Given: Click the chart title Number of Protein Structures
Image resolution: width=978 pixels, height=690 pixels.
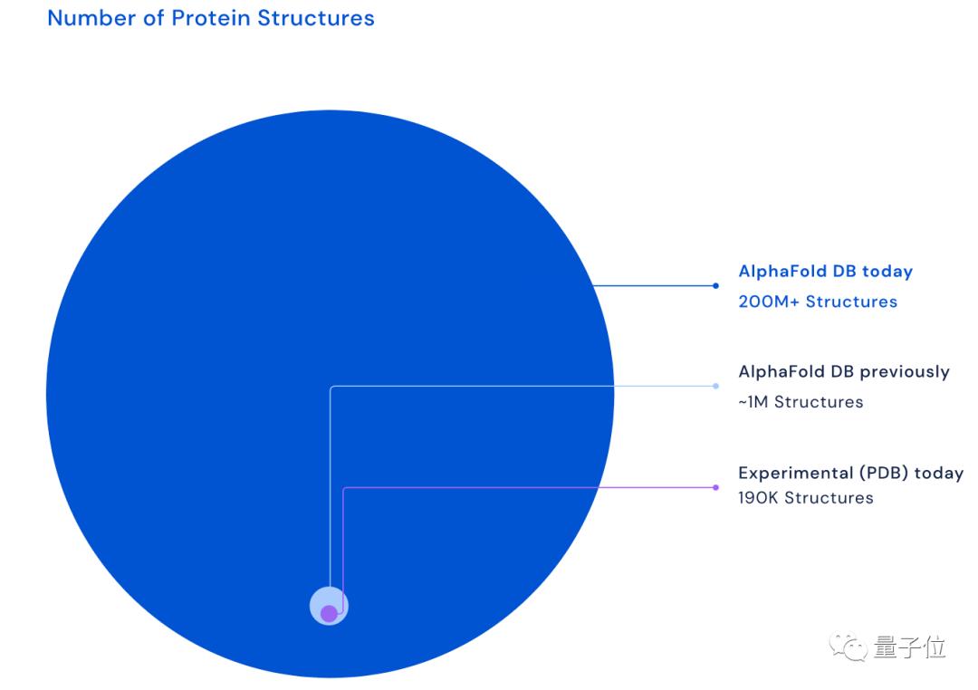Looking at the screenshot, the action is click(211, 18).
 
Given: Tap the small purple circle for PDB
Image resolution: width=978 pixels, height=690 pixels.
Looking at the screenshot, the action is click(329, 614).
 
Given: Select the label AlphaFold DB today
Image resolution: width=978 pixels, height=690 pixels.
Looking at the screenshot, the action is click(825, 272).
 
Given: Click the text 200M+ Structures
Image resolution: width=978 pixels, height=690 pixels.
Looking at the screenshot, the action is click(818, 302).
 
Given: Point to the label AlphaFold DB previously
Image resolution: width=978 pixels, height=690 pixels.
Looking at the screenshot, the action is click(844, 372).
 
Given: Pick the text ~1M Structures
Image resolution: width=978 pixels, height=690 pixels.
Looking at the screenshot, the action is click(801, 402).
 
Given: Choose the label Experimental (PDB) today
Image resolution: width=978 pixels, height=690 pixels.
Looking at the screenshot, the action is click(850, 473).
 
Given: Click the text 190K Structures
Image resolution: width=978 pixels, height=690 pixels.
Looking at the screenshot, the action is click(806, 498).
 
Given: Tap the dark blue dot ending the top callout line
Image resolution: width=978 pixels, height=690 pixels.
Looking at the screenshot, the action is click(715, 286).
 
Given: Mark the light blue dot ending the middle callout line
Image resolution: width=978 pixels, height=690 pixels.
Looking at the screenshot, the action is click(715, 386).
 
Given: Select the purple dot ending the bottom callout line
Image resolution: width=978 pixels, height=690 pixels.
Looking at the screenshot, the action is click(715, 487).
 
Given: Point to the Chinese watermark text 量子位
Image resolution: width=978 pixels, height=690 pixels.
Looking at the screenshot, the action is click(910, 647).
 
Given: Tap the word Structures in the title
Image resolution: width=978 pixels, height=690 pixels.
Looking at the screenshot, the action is click(316, 18).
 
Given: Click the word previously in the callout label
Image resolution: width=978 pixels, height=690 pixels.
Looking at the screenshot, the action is click(905, 372).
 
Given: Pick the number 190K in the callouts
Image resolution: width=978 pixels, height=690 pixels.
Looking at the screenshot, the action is click(759, 498).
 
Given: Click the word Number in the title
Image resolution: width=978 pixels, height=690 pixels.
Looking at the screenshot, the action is click(91, 18).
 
